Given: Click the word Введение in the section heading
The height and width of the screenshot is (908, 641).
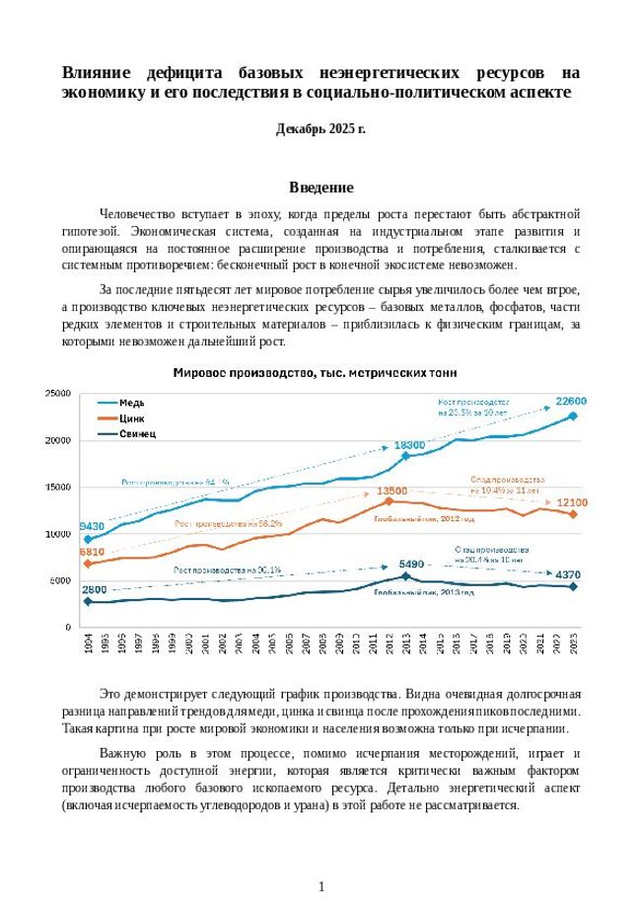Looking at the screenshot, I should pos(320,188).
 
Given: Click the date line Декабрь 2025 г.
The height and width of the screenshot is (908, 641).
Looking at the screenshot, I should pos(320,129).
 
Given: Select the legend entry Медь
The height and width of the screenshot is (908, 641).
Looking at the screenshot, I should pos(131,403).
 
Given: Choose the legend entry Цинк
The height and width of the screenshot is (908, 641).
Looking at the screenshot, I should pos(131,417).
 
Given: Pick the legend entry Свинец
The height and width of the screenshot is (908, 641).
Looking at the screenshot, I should pos(137,433).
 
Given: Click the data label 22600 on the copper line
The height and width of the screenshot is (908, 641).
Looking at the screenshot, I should pos(571,402).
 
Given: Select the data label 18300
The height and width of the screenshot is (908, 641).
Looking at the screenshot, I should pos(409,445).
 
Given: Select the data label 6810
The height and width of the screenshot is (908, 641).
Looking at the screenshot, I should pos(92,552).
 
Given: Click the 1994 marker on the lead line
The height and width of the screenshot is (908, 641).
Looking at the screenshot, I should pos(88,601).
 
